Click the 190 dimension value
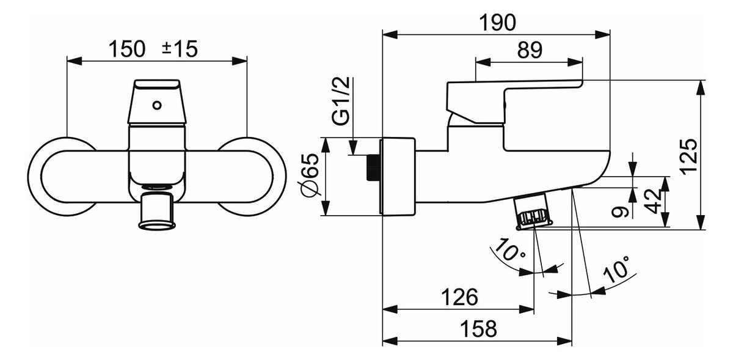[497, 23]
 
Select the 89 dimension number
[530, 51]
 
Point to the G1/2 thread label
[341, 101]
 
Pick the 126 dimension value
[459, 297]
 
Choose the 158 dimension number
[478, 329]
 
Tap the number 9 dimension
[620, 212]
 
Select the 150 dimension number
[126, 49]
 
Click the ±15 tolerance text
[180, 49]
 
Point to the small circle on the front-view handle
[157, 106]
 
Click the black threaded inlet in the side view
[373, 167]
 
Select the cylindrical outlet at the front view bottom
[157, 211]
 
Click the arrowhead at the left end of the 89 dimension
[483, 62]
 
